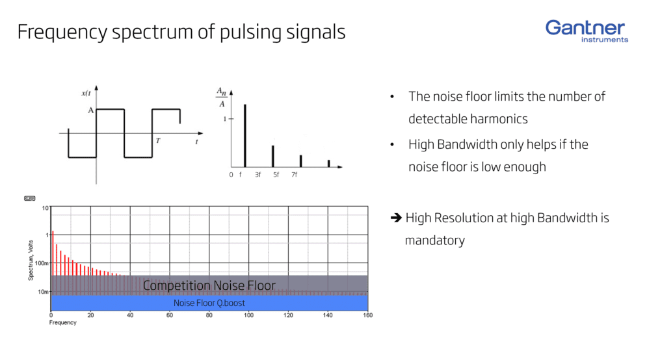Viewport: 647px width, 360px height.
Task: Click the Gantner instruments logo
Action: (587, 31)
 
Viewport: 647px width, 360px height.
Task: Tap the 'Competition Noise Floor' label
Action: (209, 285)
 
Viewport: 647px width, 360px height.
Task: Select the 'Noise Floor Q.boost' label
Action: (209, 303)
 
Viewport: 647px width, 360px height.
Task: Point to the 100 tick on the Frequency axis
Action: (249, 315)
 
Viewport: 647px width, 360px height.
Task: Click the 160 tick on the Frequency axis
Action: (367, 315)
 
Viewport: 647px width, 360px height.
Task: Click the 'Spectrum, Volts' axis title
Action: (31, 258)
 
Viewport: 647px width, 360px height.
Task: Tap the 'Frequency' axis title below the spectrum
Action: (63, 323)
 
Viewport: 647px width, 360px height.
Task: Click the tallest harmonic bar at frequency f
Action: (244, 135)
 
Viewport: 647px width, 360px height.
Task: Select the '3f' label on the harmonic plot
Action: (257, 175)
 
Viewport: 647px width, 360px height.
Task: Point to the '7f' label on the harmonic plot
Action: (294, 175)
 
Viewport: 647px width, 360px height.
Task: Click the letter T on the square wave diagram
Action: (157, 140)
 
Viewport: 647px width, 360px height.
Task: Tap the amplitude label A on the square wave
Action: (91, 110)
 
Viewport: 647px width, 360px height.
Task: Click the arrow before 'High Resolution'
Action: (395, 218)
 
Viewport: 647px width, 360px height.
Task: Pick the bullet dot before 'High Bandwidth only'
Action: (392, 144)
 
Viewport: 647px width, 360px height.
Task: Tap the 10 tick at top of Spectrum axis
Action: (46, 208)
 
